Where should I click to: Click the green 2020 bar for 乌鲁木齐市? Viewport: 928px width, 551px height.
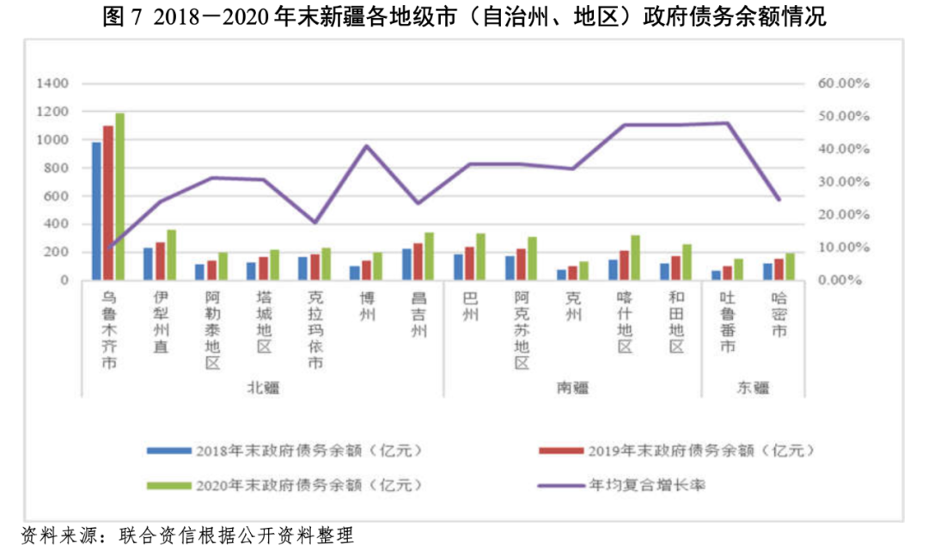tap(120, 197)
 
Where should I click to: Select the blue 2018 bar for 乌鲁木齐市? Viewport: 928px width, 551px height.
tap(96, 211)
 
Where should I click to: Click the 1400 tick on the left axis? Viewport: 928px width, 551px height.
tap(52, 83)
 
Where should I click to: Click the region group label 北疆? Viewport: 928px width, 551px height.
tap(264, 387)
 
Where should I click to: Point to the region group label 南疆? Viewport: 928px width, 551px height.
tap(572, 387)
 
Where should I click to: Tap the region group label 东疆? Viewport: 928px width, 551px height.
tap(753, 387)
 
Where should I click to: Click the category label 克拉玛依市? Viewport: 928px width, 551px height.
tap(315, 331)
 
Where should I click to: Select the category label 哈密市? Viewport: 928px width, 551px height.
tap(779, 313)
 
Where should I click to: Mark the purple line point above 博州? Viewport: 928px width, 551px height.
tap(367, 146)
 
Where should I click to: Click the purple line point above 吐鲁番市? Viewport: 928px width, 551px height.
tap(728, 123)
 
